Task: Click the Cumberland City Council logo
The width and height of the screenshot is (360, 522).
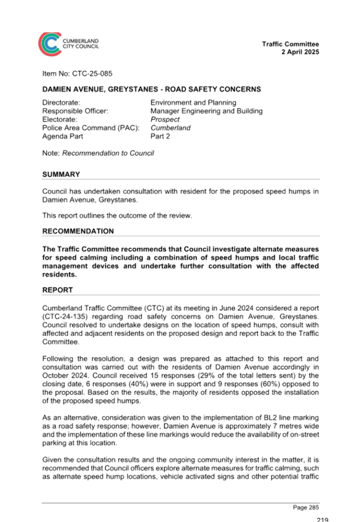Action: click(68, 44)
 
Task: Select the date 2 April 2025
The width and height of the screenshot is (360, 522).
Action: click(300, 52)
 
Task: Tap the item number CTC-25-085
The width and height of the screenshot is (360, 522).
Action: click(92, 73)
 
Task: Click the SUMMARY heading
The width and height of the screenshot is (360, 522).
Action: click(61, 175)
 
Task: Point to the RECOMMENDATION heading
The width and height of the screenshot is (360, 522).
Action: click(78, 231)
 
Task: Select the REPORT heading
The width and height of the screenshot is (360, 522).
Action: click(58, 290)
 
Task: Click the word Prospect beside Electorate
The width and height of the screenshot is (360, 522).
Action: click(165, 119)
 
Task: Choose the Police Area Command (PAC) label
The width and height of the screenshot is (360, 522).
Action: click(91, 128)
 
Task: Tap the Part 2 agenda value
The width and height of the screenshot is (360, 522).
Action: click(160, 136)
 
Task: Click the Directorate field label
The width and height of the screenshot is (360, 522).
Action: click(61, 102)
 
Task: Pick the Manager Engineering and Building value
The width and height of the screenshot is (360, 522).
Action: click(206, 111)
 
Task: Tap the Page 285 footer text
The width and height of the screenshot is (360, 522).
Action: click(306, 507)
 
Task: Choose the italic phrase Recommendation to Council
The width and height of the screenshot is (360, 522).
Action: click(108, 153)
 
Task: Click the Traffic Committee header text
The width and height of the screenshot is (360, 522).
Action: click(290, 44)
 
